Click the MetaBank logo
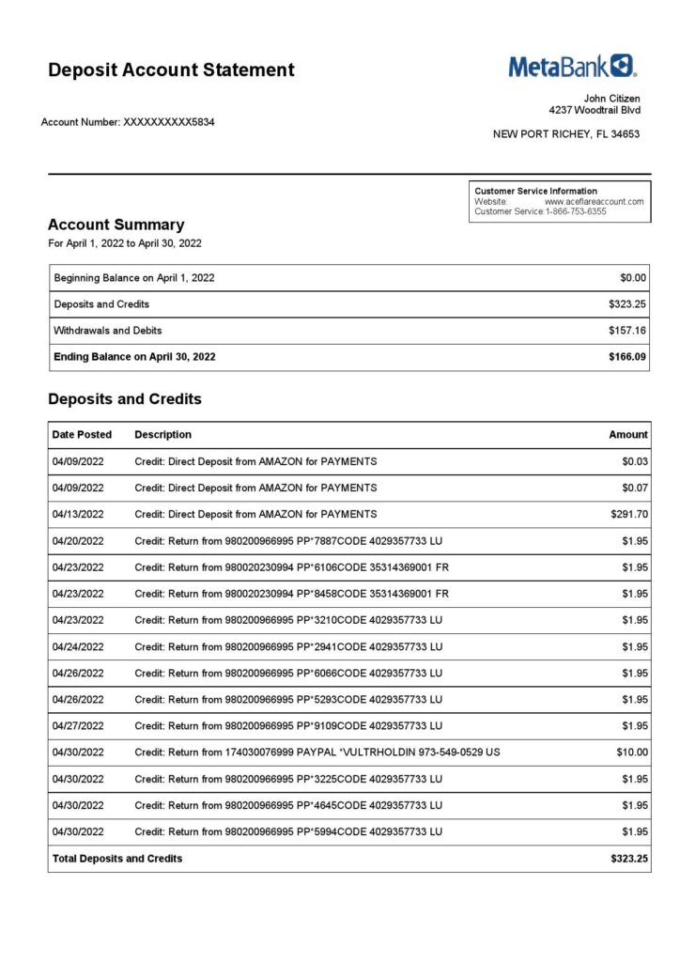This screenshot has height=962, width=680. coord(572,66)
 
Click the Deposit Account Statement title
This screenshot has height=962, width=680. coord(171,70)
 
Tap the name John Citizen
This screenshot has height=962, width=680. coord(611,99)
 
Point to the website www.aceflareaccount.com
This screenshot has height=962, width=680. coord(594,201)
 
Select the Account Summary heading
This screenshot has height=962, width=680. coord(116,225)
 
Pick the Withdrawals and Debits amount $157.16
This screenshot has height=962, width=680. coord(627,331)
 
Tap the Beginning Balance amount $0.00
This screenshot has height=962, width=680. coord(633,278)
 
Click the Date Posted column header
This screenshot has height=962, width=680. coord(82,435)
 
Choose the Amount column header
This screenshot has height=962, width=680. coord(628,435)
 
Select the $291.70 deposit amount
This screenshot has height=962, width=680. coord(629,514)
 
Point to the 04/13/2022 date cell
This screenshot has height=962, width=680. coord(78,514)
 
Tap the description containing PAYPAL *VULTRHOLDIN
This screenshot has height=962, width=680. coord(317,753)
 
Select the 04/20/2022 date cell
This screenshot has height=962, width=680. coord(78,541)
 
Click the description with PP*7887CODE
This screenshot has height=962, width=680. coord(288,541)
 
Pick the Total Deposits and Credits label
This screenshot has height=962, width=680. coord(117,859)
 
